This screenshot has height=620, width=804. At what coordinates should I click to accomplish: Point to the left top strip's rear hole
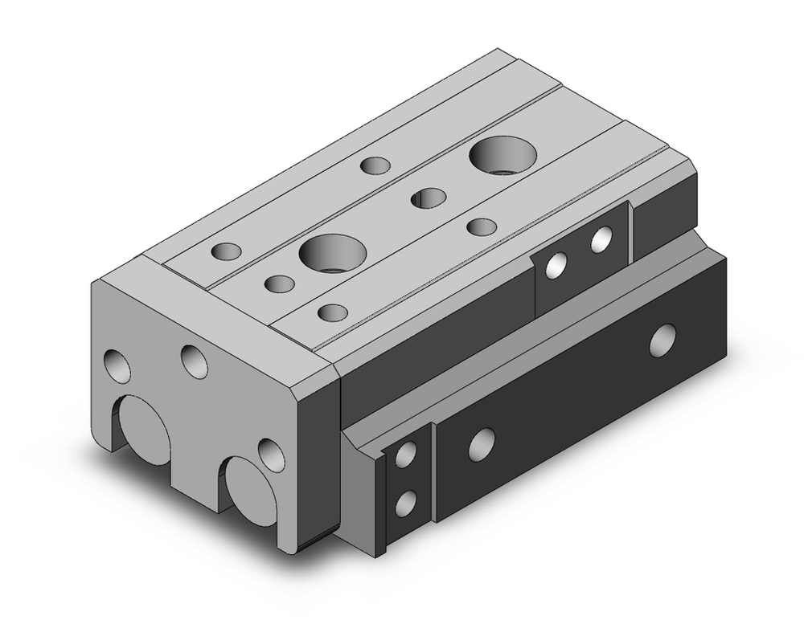click(375, 165)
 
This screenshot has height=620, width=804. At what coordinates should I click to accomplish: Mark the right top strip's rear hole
click(482, 226)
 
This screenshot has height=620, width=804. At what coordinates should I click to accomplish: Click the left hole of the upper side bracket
click(555, 266)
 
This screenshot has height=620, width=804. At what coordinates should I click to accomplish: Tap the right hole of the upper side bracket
click(601, 240)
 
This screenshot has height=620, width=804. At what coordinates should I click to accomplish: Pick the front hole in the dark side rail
click(481, 443)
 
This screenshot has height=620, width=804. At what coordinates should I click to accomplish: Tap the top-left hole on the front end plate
click(118, 366)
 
